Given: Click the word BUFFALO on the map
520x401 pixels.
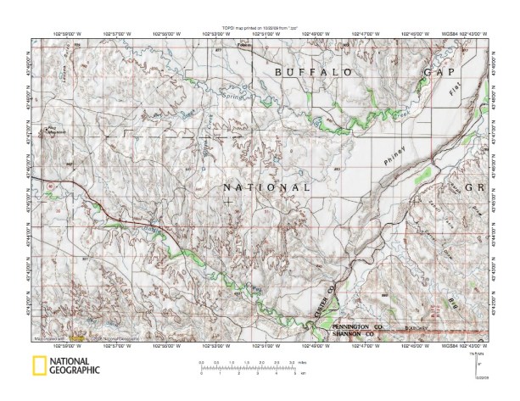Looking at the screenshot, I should pyautogui.click(x=312, y=74).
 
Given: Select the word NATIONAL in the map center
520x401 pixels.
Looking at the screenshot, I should pyautogui.click(x=266, y=187).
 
